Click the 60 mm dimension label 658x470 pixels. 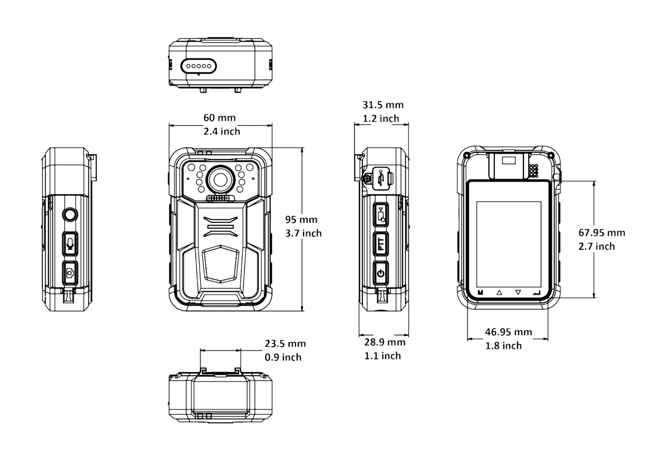pos(219,118)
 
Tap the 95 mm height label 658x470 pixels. pos(301,220)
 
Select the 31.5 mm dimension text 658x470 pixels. pos(383,105)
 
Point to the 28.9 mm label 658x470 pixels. pos(385,342)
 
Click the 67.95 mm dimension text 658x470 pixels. pos(602,233)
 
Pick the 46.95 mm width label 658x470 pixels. pos(508,332)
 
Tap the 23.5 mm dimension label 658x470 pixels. pos(285,344)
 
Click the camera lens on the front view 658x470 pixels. pos(220,180)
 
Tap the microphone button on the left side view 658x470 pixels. pos(70,243)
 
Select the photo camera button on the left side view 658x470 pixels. pos(70,273)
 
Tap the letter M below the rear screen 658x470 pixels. pos(480,292)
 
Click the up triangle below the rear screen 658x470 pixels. pos(499,292)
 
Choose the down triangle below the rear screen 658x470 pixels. pos(518,292)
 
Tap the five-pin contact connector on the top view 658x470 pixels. pos(198,66)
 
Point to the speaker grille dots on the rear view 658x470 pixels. pos(533,171)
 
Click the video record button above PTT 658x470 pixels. pos(381,215)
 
